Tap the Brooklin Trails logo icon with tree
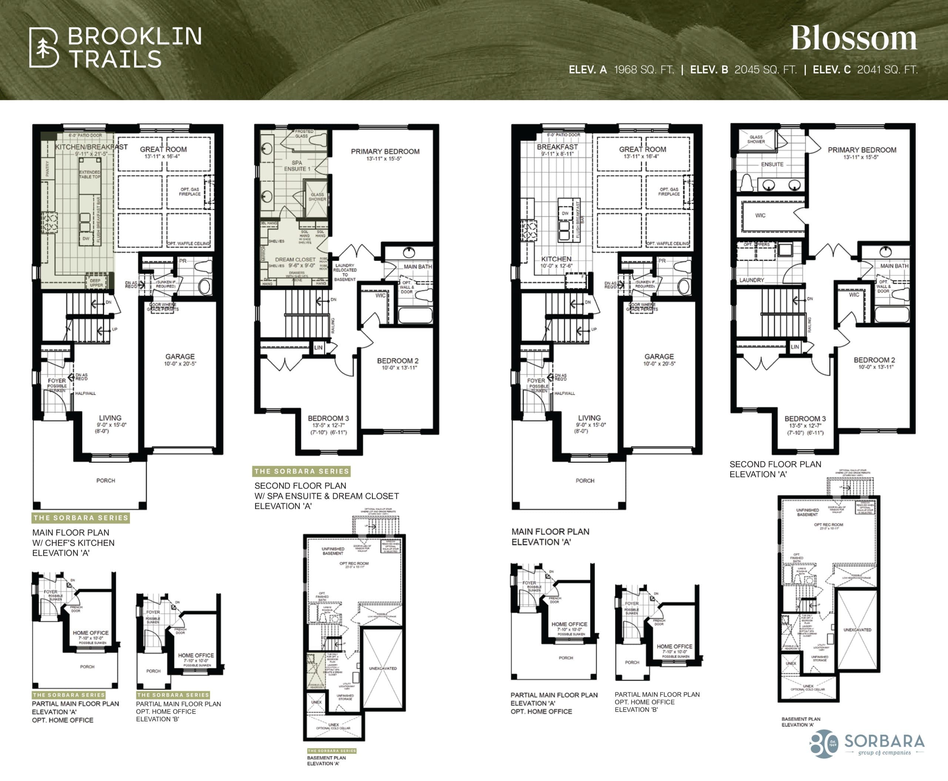click(44, 48)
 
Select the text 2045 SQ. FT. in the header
click(765, 70)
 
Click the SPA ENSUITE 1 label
click(297, 166)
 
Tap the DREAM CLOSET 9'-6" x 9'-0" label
click(295, 262)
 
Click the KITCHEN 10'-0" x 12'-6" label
click(556, 262)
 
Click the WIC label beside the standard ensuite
click(760, 216)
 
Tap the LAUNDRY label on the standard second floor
click(751, 280)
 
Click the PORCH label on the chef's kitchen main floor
click(106, 481)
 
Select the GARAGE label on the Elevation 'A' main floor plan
click(659, 359)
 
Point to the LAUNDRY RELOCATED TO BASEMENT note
click(344, 272)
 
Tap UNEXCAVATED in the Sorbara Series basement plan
click(383, 668)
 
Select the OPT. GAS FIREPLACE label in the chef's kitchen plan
click(189, 191)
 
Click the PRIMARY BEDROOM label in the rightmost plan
click(862, 153)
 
